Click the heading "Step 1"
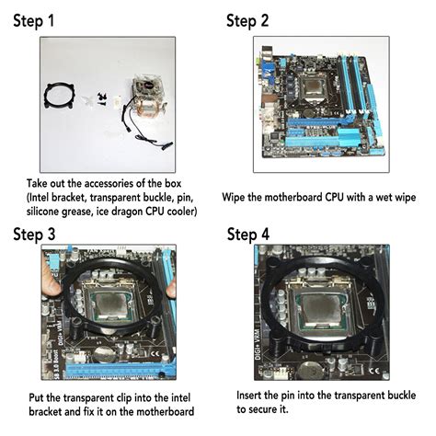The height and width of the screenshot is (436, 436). [x=45, y=20]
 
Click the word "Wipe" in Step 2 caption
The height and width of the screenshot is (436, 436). [x=237, y=197]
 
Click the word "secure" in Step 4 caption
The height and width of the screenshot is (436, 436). [x=299, y=408]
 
